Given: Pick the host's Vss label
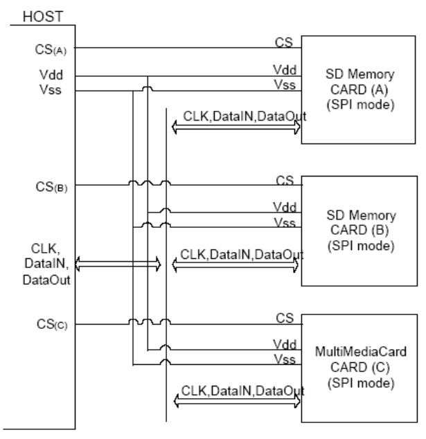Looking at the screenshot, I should [x=29, y=89].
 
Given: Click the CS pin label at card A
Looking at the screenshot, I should [x=283, y=42].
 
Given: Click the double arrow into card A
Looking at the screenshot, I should [x=236, y=128].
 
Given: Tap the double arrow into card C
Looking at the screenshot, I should [x=236, y=403].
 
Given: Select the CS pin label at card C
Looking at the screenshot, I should [x=283, y=317].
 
